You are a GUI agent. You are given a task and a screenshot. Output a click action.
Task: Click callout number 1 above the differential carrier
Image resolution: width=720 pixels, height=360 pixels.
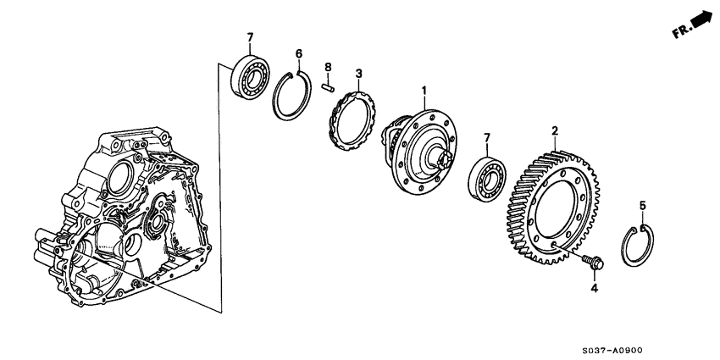[x=424, y=90]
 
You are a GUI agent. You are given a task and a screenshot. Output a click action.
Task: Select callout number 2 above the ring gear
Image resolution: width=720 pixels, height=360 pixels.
[x=555, y=131]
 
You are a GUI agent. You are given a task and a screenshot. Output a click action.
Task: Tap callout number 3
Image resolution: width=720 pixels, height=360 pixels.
[x=358, y=75]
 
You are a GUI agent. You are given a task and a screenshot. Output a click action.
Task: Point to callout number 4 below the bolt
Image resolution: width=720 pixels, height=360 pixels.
[x=593, y=289]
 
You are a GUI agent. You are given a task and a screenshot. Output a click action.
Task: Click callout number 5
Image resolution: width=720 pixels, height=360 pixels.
[x=642, y=206]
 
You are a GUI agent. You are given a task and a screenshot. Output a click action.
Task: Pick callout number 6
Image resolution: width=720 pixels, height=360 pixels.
[x=298, y=53]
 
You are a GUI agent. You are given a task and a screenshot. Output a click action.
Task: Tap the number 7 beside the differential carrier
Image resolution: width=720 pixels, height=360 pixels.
[x=485, y=137]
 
